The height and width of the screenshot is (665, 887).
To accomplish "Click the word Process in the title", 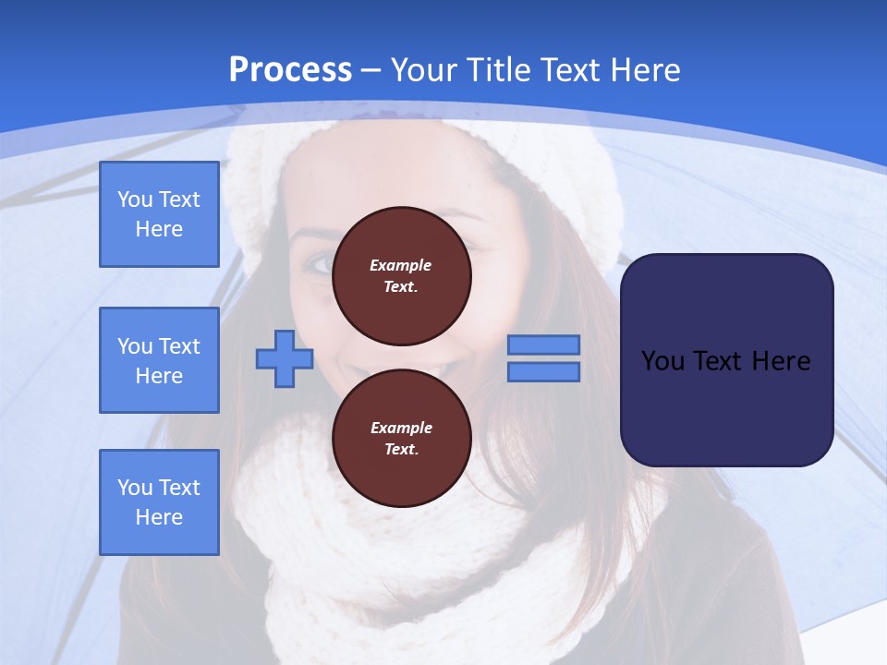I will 290,70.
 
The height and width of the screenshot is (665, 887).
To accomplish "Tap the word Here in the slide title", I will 644,70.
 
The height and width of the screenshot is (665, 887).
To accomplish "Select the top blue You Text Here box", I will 159,214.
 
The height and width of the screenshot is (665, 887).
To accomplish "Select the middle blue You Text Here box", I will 159,360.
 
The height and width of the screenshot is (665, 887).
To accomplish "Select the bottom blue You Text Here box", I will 159,502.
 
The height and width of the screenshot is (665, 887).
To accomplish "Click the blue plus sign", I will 285,358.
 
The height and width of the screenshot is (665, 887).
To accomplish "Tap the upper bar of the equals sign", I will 543,345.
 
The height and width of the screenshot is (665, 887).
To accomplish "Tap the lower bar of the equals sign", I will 543,372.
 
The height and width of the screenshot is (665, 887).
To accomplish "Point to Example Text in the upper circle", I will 401,275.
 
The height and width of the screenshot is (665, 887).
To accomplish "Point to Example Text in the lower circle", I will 401,438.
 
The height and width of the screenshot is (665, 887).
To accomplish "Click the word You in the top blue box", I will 135,199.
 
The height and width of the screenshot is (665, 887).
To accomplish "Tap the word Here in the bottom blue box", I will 159,517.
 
